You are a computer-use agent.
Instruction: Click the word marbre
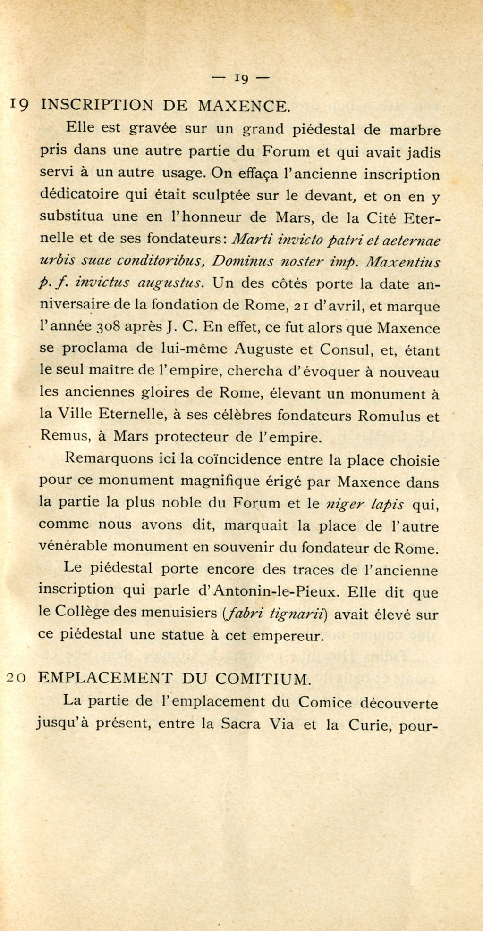pos(415,130)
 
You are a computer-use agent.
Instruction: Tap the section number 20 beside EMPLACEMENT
pos(18,678)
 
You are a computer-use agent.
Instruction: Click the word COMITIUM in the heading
pos(263,679)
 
